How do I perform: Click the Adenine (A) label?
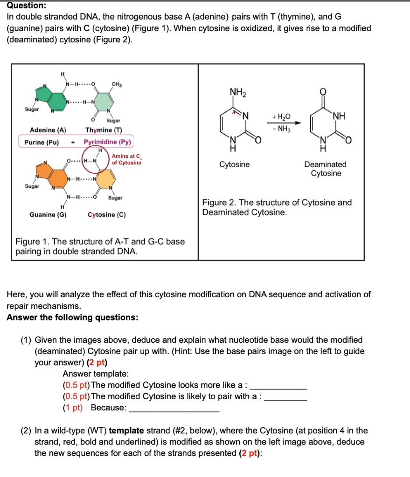pyautogui.click(x=48, y=130)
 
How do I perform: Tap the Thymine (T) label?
pyautogui.click(x=104, y=130)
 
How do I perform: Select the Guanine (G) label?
pyautogui.click(x=48, y=215)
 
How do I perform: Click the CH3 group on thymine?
pyautogui.click(x=117, y=84)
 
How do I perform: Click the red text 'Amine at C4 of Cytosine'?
pyautogui.click(x=126, y=159)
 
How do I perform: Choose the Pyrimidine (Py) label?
pyautogui.click(x=107, y=142)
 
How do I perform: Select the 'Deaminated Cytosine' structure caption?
pyautogui.click(x=325, y=169)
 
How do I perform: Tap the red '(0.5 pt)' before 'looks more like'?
pyautogui.click(x=76, y=385)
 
